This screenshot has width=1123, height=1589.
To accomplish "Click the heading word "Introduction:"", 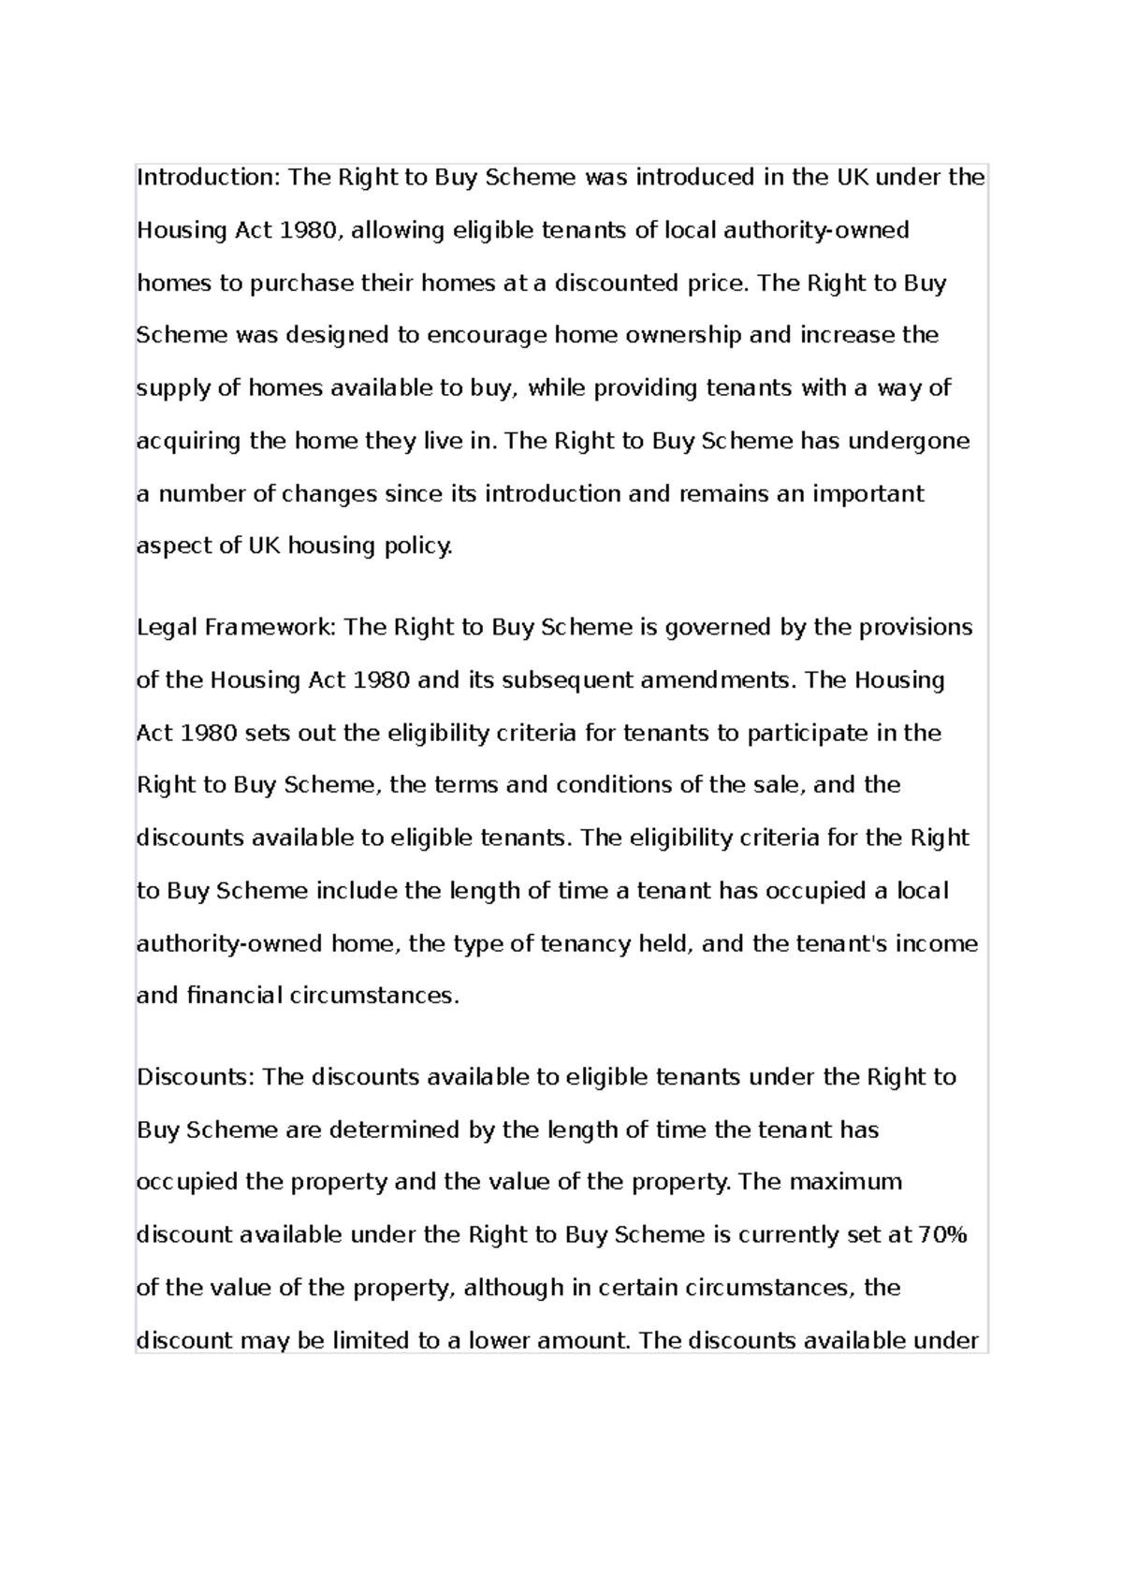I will coord(208,178).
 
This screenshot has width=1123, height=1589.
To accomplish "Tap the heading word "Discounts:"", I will coord(196,1077).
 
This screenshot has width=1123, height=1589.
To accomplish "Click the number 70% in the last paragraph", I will coord(942,1235).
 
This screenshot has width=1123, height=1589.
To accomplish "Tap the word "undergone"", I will coord(909,441).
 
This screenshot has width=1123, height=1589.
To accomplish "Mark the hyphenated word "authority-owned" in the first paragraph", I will coord(816,230).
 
